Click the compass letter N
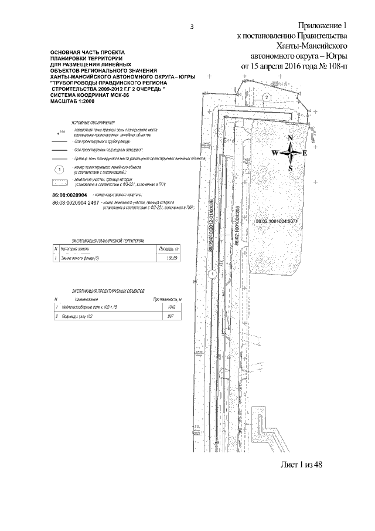(290, 138)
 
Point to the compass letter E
(305, 153)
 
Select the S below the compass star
(290, 168)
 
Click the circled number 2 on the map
(266, 97)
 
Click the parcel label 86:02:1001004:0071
(277, 221)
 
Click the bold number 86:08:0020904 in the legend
(69, 195)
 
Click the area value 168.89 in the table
(173, 258)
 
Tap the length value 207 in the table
(172, 316)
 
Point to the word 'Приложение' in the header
(318, 26)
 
